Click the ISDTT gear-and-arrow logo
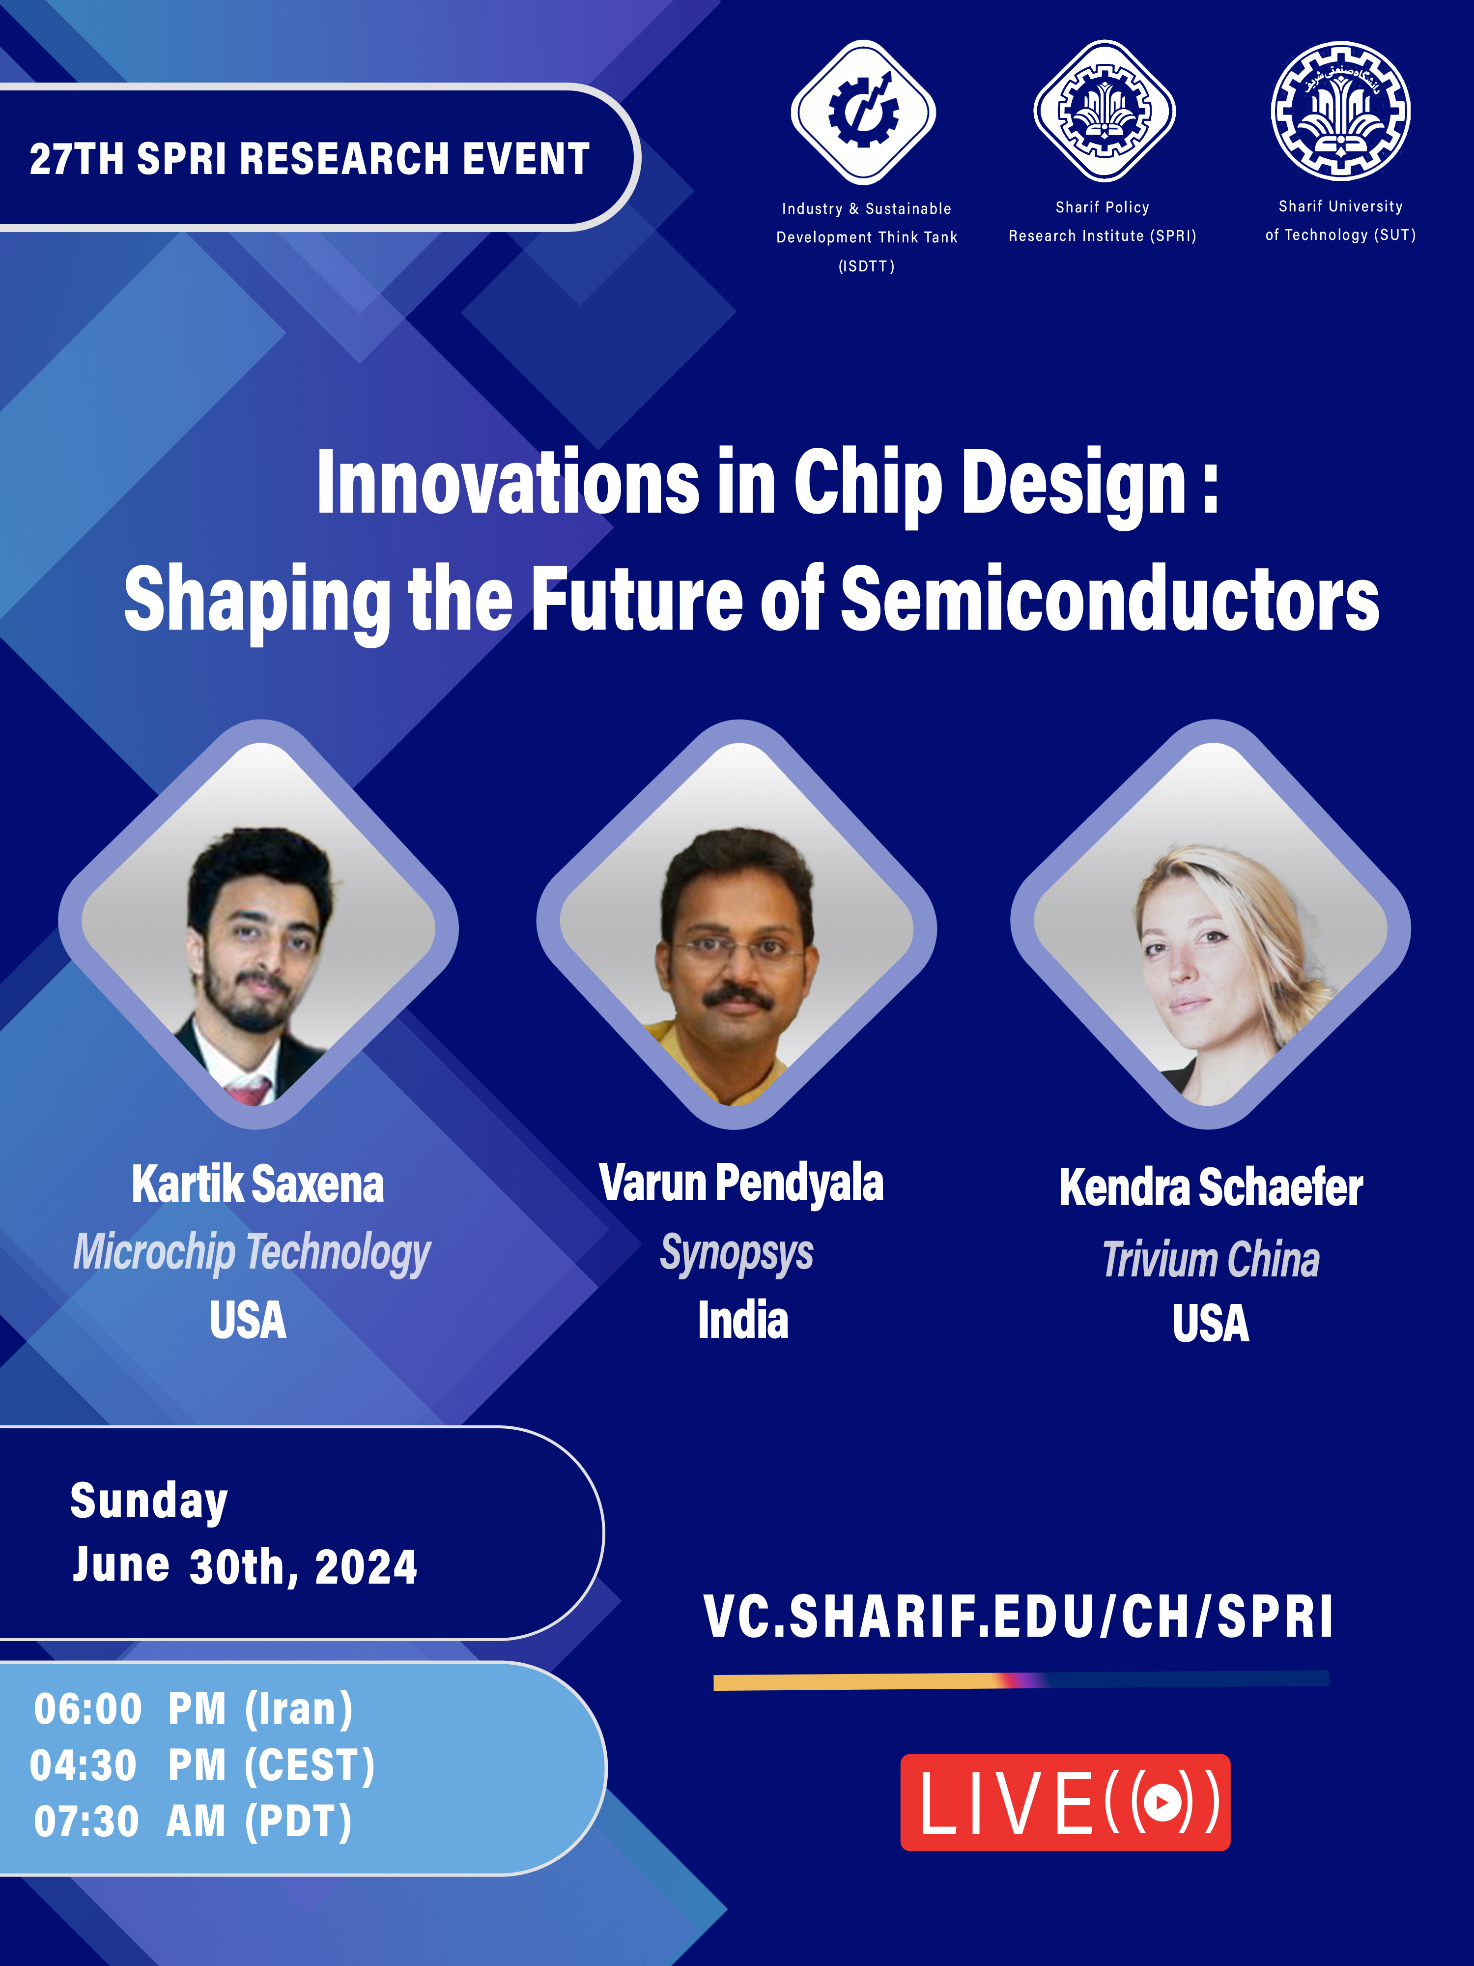pos(863,112)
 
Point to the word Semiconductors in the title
pos(1110,601)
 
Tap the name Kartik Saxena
pos(257,1184)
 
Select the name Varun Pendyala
pos(741,1184)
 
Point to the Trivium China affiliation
pos(1211,1260)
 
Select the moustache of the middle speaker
pos(737,998)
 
